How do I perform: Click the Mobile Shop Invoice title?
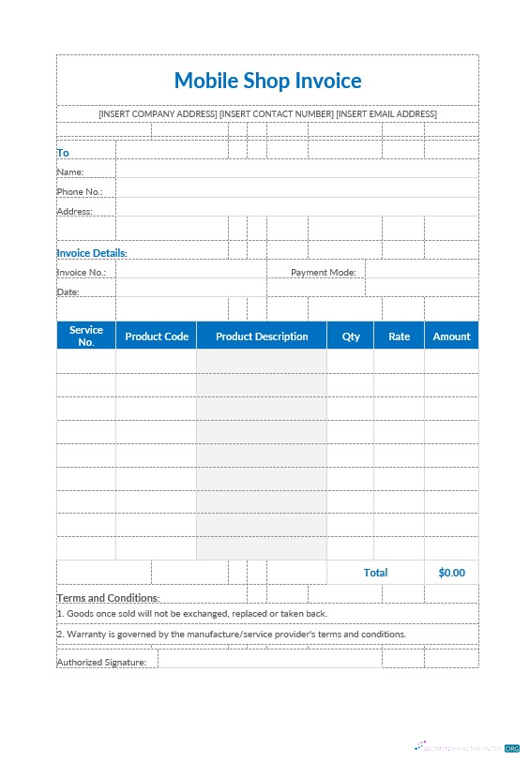267,81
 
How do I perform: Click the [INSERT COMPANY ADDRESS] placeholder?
158,114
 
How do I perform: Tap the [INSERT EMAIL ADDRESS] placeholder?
386,114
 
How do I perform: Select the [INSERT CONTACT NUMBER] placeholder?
276,114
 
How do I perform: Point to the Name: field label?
70,172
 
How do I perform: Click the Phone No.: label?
80,192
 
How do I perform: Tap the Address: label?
75,212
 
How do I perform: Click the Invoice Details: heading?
92,253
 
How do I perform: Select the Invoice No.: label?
82,273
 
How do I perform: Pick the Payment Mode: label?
324,273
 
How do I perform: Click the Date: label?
68,292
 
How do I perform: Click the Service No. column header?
86,336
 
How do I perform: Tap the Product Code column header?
157,336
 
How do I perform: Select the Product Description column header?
262,336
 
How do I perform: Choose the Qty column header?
351,336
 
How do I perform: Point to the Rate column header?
400,336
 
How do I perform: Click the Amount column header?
451,336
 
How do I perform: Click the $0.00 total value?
451,573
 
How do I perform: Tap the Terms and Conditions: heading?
108,598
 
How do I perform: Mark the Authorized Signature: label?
101,663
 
